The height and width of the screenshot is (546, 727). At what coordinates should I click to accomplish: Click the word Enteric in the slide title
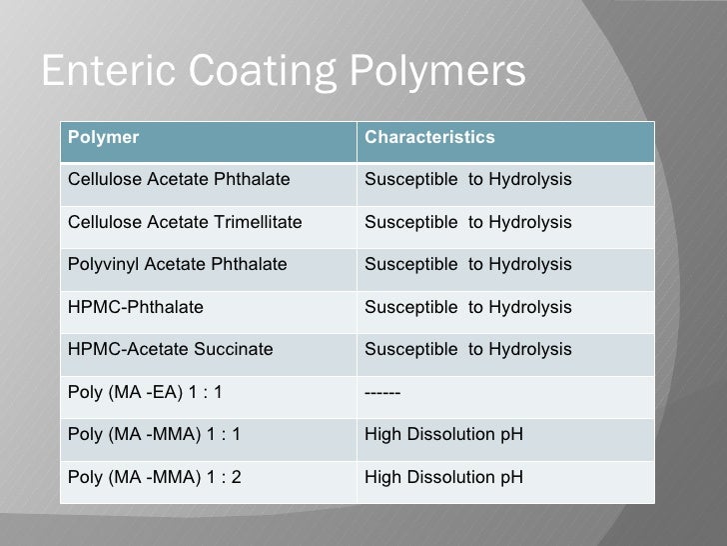click(x=102, y=71)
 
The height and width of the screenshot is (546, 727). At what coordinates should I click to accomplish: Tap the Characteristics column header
click(x=429, y=137)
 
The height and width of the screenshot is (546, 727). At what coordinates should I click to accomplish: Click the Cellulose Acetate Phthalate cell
click(x=179, y=179)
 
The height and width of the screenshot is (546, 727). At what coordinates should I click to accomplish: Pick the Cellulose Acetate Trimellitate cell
click(x=186, y=221)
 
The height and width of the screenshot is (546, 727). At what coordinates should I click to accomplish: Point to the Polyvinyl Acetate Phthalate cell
click(x=177, y=264)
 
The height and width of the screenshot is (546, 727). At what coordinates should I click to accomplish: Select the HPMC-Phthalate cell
click(x=135, y=306)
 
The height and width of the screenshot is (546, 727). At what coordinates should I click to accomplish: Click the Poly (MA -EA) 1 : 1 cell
click(x=146, y=391)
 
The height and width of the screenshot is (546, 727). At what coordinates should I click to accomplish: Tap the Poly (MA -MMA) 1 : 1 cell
click(x=154, y=434)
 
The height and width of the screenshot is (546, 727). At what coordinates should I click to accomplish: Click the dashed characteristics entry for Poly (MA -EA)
click(x=383, y=391)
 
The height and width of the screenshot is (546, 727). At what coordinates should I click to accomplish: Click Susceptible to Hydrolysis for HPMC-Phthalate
click(x=468, y=306)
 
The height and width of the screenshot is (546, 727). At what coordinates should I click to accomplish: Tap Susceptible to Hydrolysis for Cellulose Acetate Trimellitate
click(x=468, y=221)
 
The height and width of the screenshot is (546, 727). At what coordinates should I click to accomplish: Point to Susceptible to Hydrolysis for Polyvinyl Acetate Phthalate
click(x=468, y=264)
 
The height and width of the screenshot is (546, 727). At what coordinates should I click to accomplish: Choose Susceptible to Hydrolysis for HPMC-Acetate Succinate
click(x=468, y=349)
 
